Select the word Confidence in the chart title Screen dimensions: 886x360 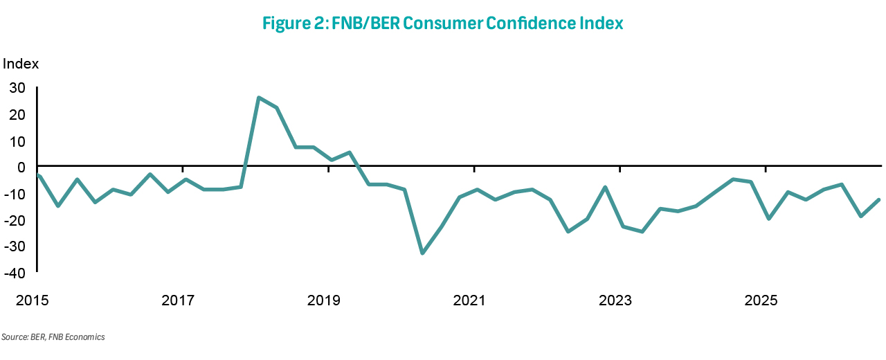531,23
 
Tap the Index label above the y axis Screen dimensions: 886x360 21,64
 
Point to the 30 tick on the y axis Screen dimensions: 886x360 17,88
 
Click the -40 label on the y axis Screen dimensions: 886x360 15,273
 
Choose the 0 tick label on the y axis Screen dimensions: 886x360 21,168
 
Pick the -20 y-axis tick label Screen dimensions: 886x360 15,220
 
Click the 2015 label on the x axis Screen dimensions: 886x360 32,300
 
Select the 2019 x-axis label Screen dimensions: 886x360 323,300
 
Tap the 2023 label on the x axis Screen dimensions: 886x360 615,300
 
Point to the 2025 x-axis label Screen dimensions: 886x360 761,300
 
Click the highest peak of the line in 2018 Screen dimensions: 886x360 258,98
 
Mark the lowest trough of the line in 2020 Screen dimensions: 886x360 422,253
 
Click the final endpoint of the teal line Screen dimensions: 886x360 879,200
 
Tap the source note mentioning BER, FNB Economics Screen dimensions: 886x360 53,337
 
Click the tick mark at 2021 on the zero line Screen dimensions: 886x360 474,169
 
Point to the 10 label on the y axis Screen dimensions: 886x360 17,142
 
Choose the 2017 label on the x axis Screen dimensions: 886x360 178,300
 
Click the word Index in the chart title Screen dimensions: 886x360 602,23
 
